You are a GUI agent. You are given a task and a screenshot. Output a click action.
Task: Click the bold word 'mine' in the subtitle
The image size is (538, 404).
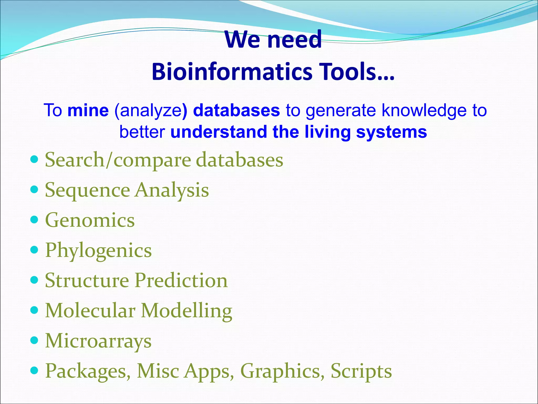pos(88,110)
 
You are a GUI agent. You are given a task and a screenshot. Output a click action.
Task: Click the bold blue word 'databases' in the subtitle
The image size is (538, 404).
pos(236,110)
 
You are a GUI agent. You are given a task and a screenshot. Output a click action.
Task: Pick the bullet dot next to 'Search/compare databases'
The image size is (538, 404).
pos(34,159)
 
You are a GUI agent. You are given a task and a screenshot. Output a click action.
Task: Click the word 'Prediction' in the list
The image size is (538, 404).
pos(181,280)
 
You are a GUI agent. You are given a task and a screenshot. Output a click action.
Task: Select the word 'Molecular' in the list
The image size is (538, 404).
pos(90,311)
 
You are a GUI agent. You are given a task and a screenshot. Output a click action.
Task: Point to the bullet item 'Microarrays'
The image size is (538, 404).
pos(98,341)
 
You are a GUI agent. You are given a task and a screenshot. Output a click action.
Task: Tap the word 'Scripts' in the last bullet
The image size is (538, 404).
pos(361,371)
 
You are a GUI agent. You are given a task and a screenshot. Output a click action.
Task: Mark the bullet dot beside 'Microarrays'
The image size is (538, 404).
pos(34,341)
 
